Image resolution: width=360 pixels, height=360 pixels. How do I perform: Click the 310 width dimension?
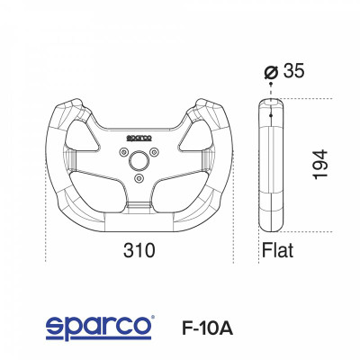tap(139, 248)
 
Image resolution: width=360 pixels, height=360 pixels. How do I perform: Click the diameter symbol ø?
tap(272, 72)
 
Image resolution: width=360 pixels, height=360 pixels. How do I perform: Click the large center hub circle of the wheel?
tap(138, 161)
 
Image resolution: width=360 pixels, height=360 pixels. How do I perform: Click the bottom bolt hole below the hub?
tap(138, 178)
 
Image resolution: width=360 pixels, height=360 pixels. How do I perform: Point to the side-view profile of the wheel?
tap(272, 166)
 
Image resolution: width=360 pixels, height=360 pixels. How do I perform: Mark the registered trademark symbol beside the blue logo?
tap(153, 318)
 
